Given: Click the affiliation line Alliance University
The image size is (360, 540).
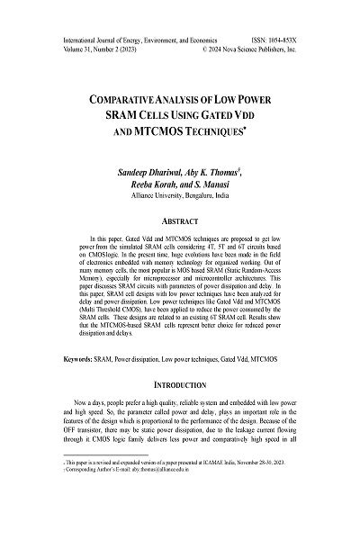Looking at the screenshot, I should coord(180,198).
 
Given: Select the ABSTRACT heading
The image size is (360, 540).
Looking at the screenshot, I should coord(180,220).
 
